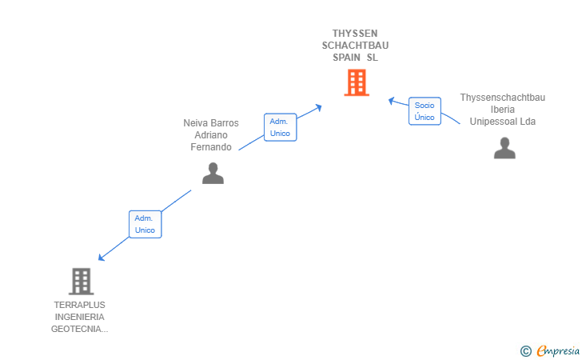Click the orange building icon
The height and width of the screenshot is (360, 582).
pos(357,82)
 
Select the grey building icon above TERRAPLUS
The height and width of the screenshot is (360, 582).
pos(82,282)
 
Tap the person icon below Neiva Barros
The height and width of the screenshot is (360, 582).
pos(213,173)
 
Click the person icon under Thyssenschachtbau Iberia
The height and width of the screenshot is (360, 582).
pos(504,148)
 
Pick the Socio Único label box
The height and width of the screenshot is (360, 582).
pos(425,111)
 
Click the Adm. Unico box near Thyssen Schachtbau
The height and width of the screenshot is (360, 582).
pos(281,127)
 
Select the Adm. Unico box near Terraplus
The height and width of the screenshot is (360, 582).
pos(145,224)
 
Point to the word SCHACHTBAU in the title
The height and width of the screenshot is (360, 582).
pos(355,46)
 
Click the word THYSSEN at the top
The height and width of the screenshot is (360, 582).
pos(355,34)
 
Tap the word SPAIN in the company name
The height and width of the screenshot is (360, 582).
pos(346,58)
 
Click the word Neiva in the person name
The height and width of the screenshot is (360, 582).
pos(193,123)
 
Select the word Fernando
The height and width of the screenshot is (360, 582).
pos(211,147)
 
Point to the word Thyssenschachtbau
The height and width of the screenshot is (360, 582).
pos(503,98)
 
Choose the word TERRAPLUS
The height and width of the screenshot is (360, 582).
pos(79,305)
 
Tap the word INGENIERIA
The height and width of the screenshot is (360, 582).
pos(79,317)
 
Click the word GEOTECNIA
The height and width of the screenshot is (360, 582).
pos(76,329)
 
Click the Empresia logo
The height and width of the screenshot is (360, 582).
pos(550,350)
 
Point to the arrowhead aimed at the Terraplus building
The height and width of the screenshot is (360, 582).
pos(101,257)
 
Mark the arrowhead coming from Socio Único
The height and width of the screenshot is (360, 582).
pos(391,101)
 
